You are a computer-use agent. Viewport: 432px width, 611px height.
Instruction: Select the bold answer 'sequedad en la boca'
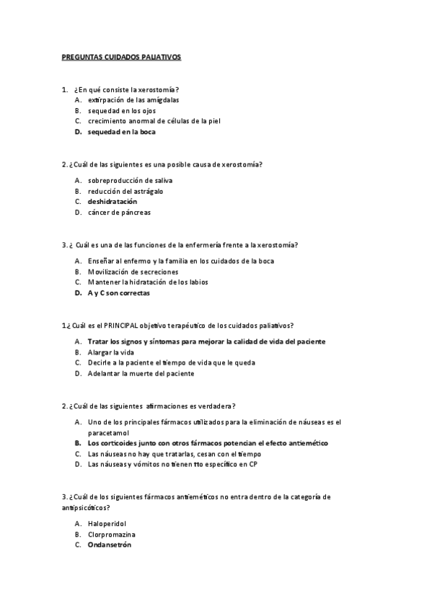point(121,132)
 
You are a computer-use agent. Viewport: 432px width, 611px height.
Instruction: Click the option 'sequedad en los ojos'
point(121,110)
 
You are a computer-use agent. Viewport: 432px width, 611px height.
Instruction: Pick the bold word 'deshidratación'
point(113,201)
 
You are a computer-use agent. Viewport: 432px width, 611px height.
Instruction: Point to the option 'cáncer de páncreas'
point(119,212)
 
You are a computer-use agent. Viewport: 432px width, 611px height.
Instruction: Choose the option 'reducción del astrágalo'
point(125,190)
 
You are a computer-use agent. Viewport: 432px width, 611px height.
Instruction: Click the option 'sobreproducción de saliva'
point(130,179)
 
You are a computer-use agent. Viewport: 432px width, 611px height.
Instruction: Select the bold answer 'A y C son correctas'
point(119,293)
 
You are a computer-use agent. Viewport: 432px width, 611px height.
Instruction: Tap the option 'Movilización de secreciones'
point(133,272)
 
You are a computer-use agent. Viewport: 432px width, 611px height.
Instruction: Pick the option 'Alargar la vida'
point(111,352)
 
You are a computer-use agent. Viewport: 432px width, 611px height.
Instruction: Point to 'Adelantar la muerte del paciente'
point(141,373)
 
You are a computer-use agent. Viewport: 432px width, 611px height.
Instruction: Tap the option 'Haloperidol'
point(108,524)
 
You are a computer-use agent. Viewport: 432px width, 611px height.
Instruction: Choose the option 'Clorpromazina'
point(112,535)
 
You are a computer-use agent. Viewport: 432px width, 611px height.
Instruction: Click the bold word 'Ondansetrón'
point(110,545)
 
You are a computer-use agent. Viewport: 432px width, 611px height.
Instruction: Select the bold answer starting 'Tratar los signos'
point(206,341)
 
